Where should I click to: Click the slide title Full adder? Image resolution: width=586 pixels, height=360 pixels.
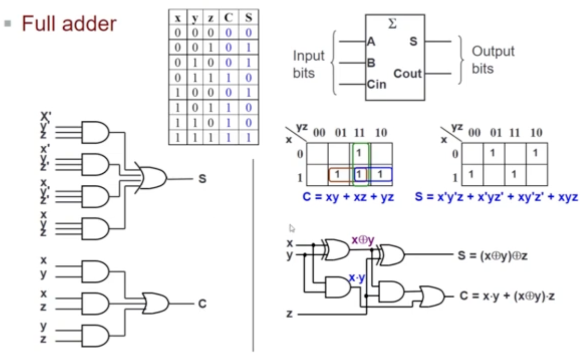point(69,24)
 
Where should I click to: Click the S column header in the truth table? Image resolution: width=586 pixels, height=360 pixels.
point(248,18)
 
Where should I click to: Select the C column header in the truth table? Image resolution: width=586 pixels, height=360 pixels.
point(228,18)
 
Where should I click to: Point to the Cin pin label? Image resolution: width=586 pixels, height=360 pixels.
point(377,84)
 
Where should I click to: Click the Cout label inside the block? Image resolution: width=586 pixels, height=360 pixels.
point(407,74)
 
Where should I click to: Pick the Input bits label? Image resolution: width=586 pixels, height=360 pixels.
point(308,64)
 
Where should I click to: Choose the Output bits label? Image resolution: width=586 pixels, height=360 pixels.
point(493,59)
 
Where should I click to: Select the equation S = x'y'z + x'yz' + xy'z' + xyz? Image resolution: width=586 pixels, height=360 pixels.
point(496,197)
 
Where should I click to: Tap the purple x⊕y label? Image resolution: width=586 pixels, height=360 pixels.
point(363,240)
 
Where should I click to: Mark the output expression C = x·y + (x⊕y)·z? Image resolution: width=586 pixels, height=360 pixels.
point(507,296)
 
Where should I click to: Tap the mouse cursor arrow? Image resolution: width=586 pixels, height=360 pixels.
point(292,228)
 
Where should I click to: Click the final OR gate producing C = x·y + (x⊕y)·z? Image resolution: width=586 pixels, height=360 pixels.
point(433,296)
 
